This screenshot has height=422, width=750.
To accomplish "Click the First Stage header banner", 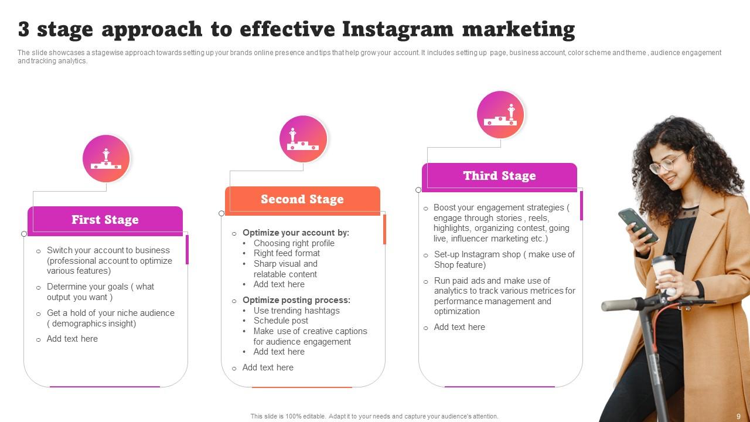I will (105, 220).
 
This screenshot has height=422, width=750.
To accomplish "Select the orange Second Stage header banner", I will (302, 199).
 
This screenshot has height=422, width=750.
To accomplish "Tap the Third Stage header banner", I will (499, 176).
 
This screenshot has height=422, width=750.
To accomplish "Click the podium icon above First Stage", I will (106, 159).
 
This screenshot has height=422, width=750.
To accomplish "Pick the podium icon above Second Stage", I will (303, 139).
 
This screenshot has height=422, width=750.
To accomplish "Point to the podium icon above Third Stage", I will (500, 115).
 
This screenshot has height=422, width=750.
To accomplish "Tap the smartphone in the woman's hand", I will (637, 224).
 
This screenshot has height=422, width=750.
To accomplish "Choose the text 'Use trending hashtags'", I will (296, 311).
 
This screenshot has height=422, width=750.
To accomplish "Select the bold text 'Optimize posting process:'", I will (296, 300).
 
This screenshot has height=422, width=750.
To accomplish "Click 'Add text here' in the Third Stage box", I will (459, 327).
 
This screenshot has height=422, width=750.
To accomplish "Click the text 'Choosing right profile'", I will (294, 243).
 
